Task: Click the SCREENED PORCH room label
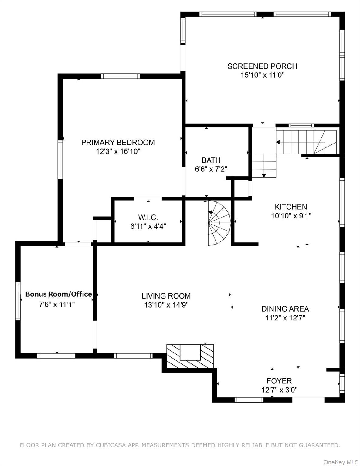click(x=262, y=66)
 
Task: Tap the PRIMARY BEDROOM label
click(x=118, y=142)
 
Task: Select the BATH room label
click(x=211, y=160)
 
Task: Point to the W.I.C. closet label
click(x=148, y=218)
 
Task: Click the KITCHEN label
click(x=291, y=207)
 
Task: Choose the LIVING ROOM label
click(x=166, y=296)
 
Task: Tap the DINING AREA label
click(x=285, y=309)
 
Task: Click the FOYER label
click(x=279, y=381)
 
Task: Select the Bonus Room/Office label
click(x=59, y=294)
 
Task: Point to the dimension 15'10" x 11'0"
click(x=262, y=75)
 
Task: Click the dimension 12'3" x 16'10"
click(x=118, y=151)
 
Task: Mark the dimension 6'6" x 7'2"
click(x=211, y=169)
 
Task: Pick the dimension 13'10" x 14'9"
click(x=166, y=305)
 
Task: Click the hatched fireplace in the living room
click(x=190, y=356)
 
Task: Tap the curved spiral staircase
click(x=219, y=223)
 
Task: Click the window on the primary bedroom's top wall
click(x=120, y=76)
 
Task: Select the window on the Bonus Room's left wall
click(x=18, y=301)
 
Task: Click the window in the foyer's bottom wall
click(x=249, y=400)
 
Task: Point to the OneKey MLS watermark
click(x=341, y=462)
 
